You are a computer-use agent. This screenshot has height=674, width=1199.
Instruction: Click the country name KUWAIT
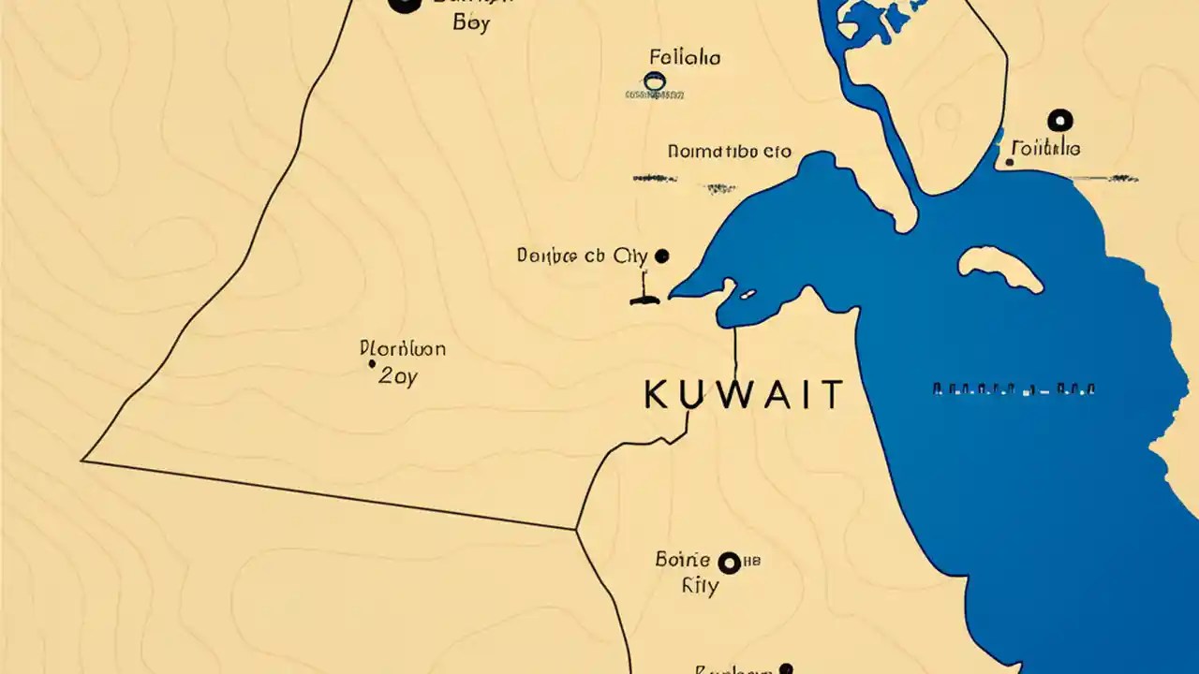[x=744, y=395]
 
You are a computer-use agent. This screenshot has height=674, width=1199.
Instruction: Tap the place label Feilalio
[x=685, y=58]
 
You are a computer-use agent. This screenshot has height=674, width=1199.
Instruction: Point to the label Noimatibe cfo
[x=729, y=151]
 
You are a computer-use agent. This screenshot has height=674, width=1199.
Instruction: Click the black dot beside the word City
[x=662, y=255]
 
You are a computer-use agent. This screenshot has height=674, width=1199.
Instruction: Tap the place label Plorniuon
[x=403, y=349]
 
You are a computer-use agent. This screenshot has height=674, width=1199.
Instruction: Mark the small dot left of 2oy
[x=372, y=363]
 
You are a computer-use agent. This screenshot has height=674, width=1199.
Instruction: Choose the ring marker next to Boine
[x=729, y=563]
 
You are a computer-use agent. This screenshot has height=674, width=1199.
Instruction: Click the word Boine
[x=683, y=561]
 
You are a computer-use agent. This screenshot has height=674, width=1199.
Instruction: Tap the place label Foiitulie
[x=1046, y=149]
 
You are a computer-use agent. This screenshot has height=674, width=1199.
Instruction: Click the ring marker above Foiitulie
[x=1059, y=120]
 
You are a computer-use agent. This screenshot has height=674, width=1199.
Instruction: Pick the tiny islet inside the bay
[x=748, y=295]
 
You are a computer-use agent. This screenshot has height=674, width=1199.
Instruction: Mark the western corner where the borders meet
[x=83, y=460]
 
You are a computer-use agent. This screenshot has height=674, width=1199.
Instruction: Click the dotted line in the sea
[x=1014, y=388]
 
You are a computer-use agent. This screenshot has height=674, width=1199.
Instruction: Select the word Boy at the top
[x=470, y=23]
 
